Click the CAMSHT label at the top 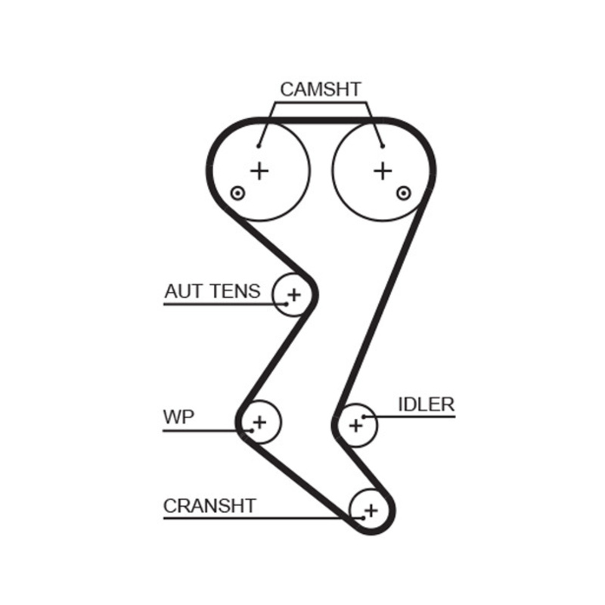321,88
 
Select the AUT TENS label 213,290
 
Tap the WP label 178,417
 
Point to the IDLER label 426,404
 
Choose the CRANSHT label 210,505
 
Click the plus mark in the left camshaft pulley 259,171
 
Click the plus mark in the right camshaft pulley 383,171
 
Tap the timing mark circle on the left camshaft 238,194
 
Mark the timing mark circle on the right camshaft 404,194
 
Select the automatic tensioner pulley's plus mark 294,293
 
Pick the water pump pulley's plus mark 259,421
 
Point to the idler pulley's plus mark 355,426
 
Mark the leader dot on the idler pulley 364,416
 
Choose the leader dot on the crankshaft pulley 362,519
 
